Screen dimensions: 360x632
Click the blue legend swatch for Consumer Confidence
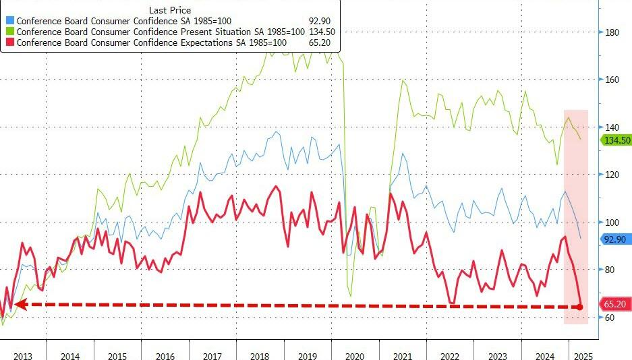pyautogui.click(x=9, y=20)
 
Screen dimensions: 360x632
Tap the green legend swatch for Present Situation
pyautogui.click(x=9, y=32)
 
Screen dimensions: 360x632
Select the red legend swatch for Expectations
pyautogui.click(x=9, y=42)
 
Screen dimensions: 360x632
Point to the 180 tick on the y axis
pyautogui.click(x=612, y=32)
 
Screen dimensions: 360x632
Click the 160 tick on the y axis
pyautogui.click(x=612, y=80)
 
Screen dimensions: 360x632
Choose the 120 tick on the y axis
pyautogui.click(x=612, y=175)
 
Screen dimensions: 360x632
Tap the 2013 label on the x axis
pyautogui.click(x=23, y=356)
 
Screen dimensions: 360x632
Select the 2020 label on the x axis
pyautogui.click(x=355, y=356)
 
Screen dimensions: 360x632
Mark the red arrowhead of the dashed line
pyautogui.click(x=20, y=305)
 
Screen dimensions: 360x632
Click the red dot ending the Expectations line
pyautogui.click(x=581, y=307)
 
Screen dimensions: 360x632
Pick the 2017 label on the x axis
pyautogui.click(x=213, y=356)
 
